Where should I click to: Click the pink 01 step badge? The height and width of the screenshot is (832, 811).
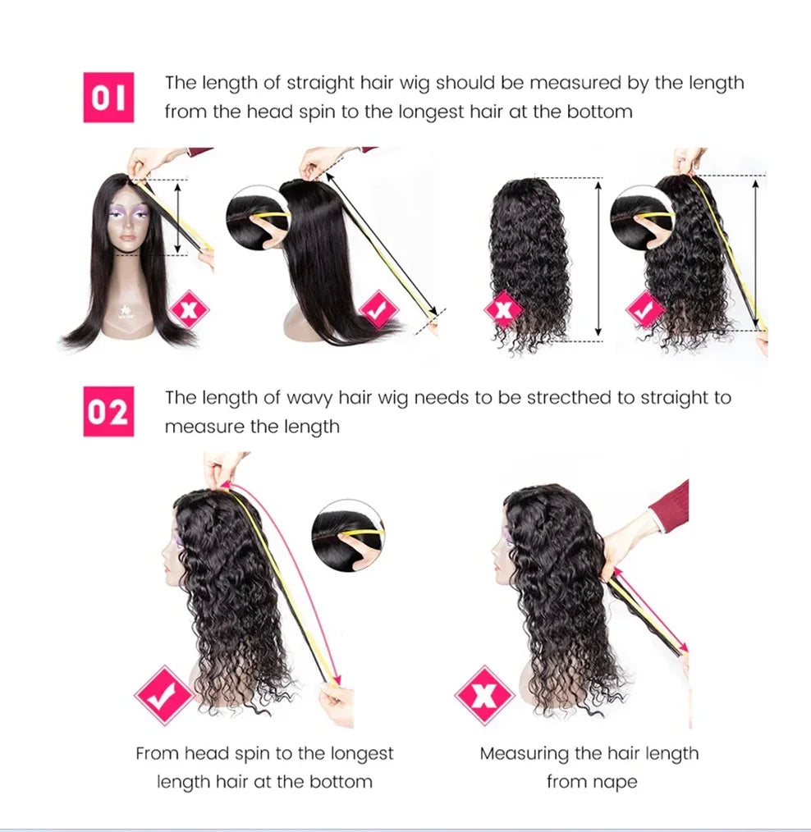click(x=108, y=98)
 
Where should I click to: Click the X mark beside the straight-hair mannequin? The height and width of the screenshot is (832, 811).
click(x=190, y=310)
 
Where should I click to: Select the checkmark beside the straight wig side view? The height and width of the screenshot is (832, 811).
click(x=379, y=310)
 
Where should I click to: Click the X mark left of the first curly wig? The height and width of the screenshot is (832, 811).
click(x=503, y=310)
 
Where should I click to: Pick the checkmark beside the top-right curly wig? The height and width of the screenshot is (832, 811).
click(x=646, y=310)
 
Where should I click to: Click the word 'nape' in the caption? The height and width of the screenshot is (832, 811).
click(x=613, y=782)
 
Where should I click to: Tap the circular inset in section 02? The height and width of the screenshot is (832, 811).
click(x=348, y=535)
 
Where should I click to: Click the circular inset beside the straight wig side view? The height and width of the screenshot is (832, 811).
click(x=258, y=217)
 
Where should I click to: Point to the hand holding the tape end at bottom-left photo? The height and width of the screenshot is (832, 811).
click(x=337, y=704)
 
